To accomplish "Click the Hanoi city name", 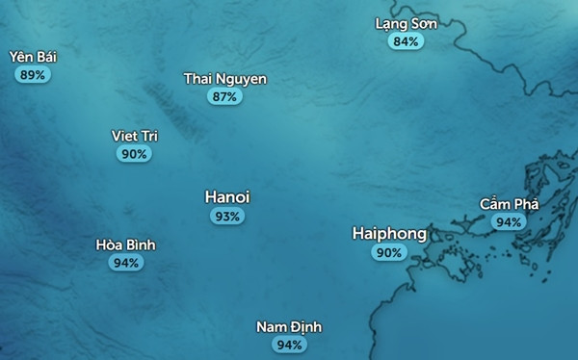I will pyautogui.click(x=227, y=197).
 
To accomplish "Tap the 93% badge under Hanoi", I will pyautogui.click(x=227, y=217).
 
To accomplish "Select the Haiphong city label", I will pyautogui.click(x=389, y=234).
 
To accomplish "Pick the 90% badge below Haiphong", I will pyautogui.click(x=389, y=253).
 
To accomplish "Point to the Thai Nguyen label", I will pyautogui.click(x=224, y=79).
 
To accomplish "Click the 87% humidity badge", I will pyautogui.click(x=224, y=96).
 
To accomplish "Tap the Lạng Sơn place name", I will pyautogui.click(x=406, y=24).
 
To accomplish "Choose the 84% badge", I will pyautogui.click(x=406, y=41).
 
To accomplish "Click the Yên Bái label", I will pyautogui.click(x=33, y=57).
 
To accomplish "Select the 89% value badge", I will pyautogui.click(x=33, y=74).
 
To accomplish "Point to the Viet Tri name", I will pyautogui.click(x=135, y=136).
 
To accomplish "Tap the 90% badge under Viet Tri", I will pyautogui.click(x=135, y=153).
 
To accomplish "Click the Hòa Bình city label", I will pyautogui.click(x=125, y=244).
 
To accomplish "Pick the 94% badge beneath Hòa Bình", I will pyautogui.click(x=125, y=262).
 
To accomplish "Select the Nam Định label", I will pyautogui.click(x=289, y=327).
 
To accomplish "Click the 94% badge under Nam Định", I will pyautogui.click(x=289, y=345).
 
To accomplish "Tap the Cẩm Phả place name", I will pyautogui.click(x=509, y=204).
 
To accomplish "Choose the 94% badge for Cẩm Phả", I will pyautogui.click(x=509, y=221).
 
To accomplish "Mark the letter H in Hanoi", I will pyautogui.click(x=211, y=197).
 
